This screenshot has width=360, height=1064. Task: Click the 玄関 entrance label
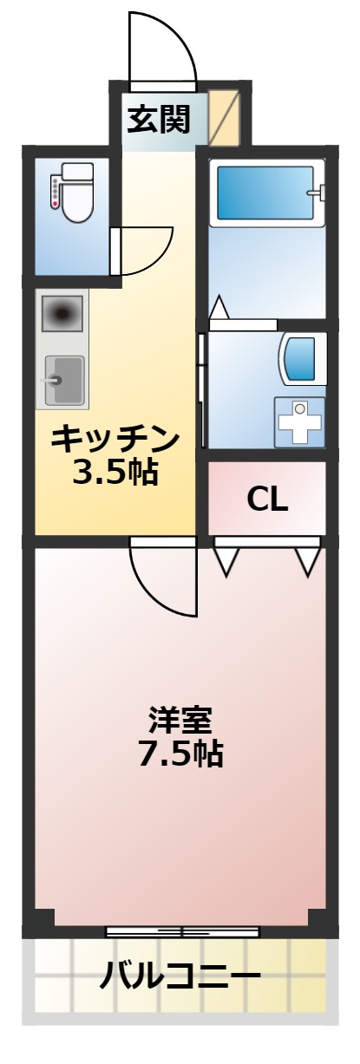click(159, 119)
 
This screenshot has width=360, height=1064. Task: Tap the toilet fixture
click(74, 193)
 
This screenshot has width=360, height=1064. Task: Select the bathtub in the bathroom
click(265, 193)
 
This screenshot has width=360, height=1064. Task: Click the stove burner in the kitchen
click(62, 311)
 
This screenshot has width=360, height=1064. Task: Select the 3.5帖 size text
click(115, 473)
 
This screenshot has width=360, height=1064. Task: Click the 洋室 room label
click(180, 720)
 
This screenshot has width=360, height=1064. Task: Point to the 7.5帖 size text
click(180, 754)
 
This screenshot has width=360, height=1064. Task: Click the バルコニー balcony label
click(180, 978)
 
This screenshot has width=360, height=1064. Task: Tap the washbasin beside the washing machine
click(301, 358)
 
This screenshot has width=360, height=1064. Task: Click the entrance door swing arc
click(161, 48)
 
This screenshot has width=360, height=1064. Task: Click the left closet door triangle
click(226, 559)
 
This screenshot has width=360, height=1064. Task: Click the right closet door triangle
click(307, 559)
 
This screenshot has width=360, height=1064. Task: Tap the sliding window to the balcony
click(182, 932)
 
